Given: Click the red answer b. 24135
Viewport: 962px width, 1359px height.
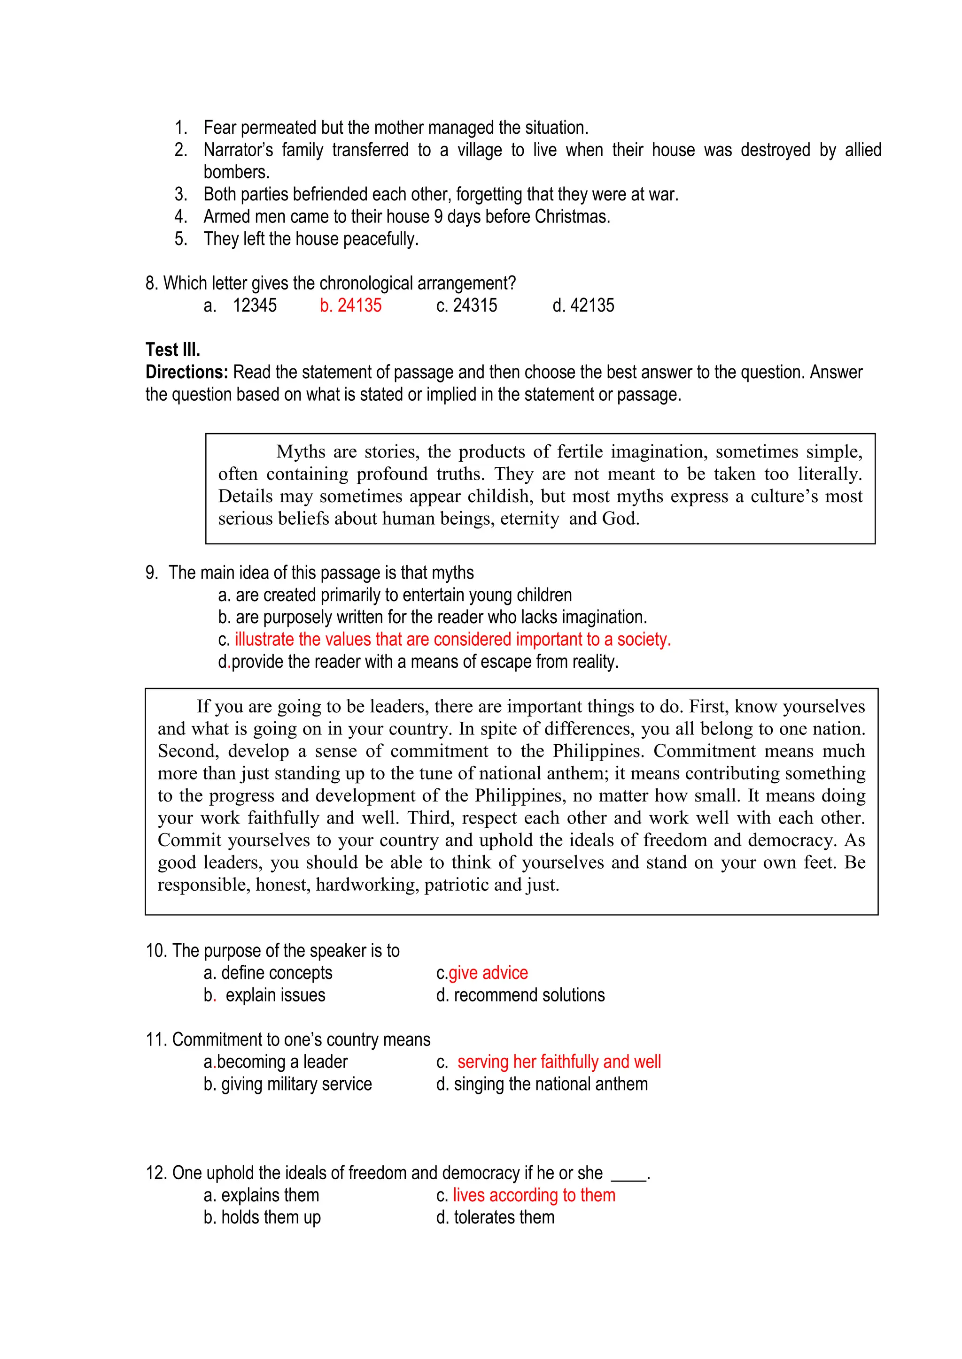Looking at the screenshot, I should pyautogui.click(x=351, y=305).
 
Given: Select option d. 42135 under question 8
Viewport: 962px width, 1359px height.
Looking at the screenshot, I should pyautogui.click(x=583, y=305).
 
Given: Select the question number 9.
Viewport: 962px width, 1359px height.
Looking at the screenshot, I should pyautogui.click(x=152, y=573).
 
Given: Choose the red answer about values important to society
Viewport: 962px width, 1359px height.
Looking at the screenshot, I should pyautogui.click(x=452, y=640).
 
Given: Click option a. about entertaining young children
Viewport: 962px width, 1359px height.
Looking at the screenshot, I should pyautogui.click(x=395, y=595).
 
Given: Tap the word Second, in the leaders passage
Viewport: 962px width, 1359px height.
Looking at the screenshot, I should pyautogui.click(x=188, y=751).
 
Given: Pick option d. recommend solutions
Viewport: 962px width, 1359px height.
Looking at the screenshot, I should pyautogui.click(x=520, y=996).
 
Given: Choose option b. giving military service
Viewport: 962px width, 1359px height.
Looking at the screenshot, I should pyautogui.click(x=288, y=1084).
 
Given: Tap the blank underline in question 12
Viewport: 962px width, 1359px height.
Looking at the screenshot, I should pyautogui.click(x=628, y=1174).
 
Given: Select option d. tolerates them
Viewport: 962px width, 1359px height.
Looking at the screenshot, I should pyautogui.click(x=495, y=1218).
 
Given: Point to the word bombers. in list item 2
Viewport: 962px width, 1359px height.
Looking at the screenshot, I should pyautogui.click(x=236, y=172).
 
